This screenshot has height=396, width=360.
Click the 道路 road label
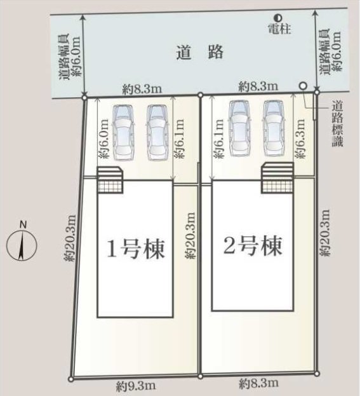click(x=199, y=52)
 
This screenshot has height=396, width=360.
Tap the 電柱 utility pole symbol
click(x=278, y=18)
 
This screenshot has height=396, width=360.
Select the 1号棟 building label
click(x=136, y=249)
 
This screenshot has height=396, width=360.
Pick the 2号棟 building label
click(x=253, y=245)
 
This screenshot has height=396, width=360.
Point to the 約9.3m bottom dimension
click(x=136, y=386)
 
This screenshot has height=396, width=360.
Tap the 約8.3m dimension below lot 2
click(x=259, y=384)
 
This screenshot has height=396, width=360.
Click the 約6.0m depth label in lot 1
click(x=104, y=139)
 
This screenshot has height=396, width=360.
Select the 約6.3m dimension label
click(x=300, y=139)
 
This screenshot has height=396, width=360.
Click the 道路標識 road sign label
click(x=337, y=123)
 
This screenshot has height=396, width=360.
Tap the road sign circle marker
click(x=303, y=86)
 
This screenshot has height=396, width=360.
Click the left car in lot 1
click(x=123, y=133)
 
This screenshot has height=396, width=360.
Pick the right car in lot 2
click(x=274, y=128)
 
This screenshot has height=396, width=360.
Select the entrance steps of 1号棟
click(x=110, y=180)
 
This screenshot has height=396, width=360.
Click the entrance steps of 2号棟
click(x=277, y=178)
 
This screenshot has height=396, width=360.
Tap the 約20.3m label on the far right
click(x=324, y=233)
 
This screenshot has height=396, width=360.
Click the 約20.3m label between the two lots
click(x=190, y=235)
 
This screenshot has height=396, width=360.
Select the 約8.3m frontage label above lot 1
click(x=142, y=89)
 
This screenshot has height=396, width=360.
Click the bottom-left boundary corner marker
click(x=71, y=379)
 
